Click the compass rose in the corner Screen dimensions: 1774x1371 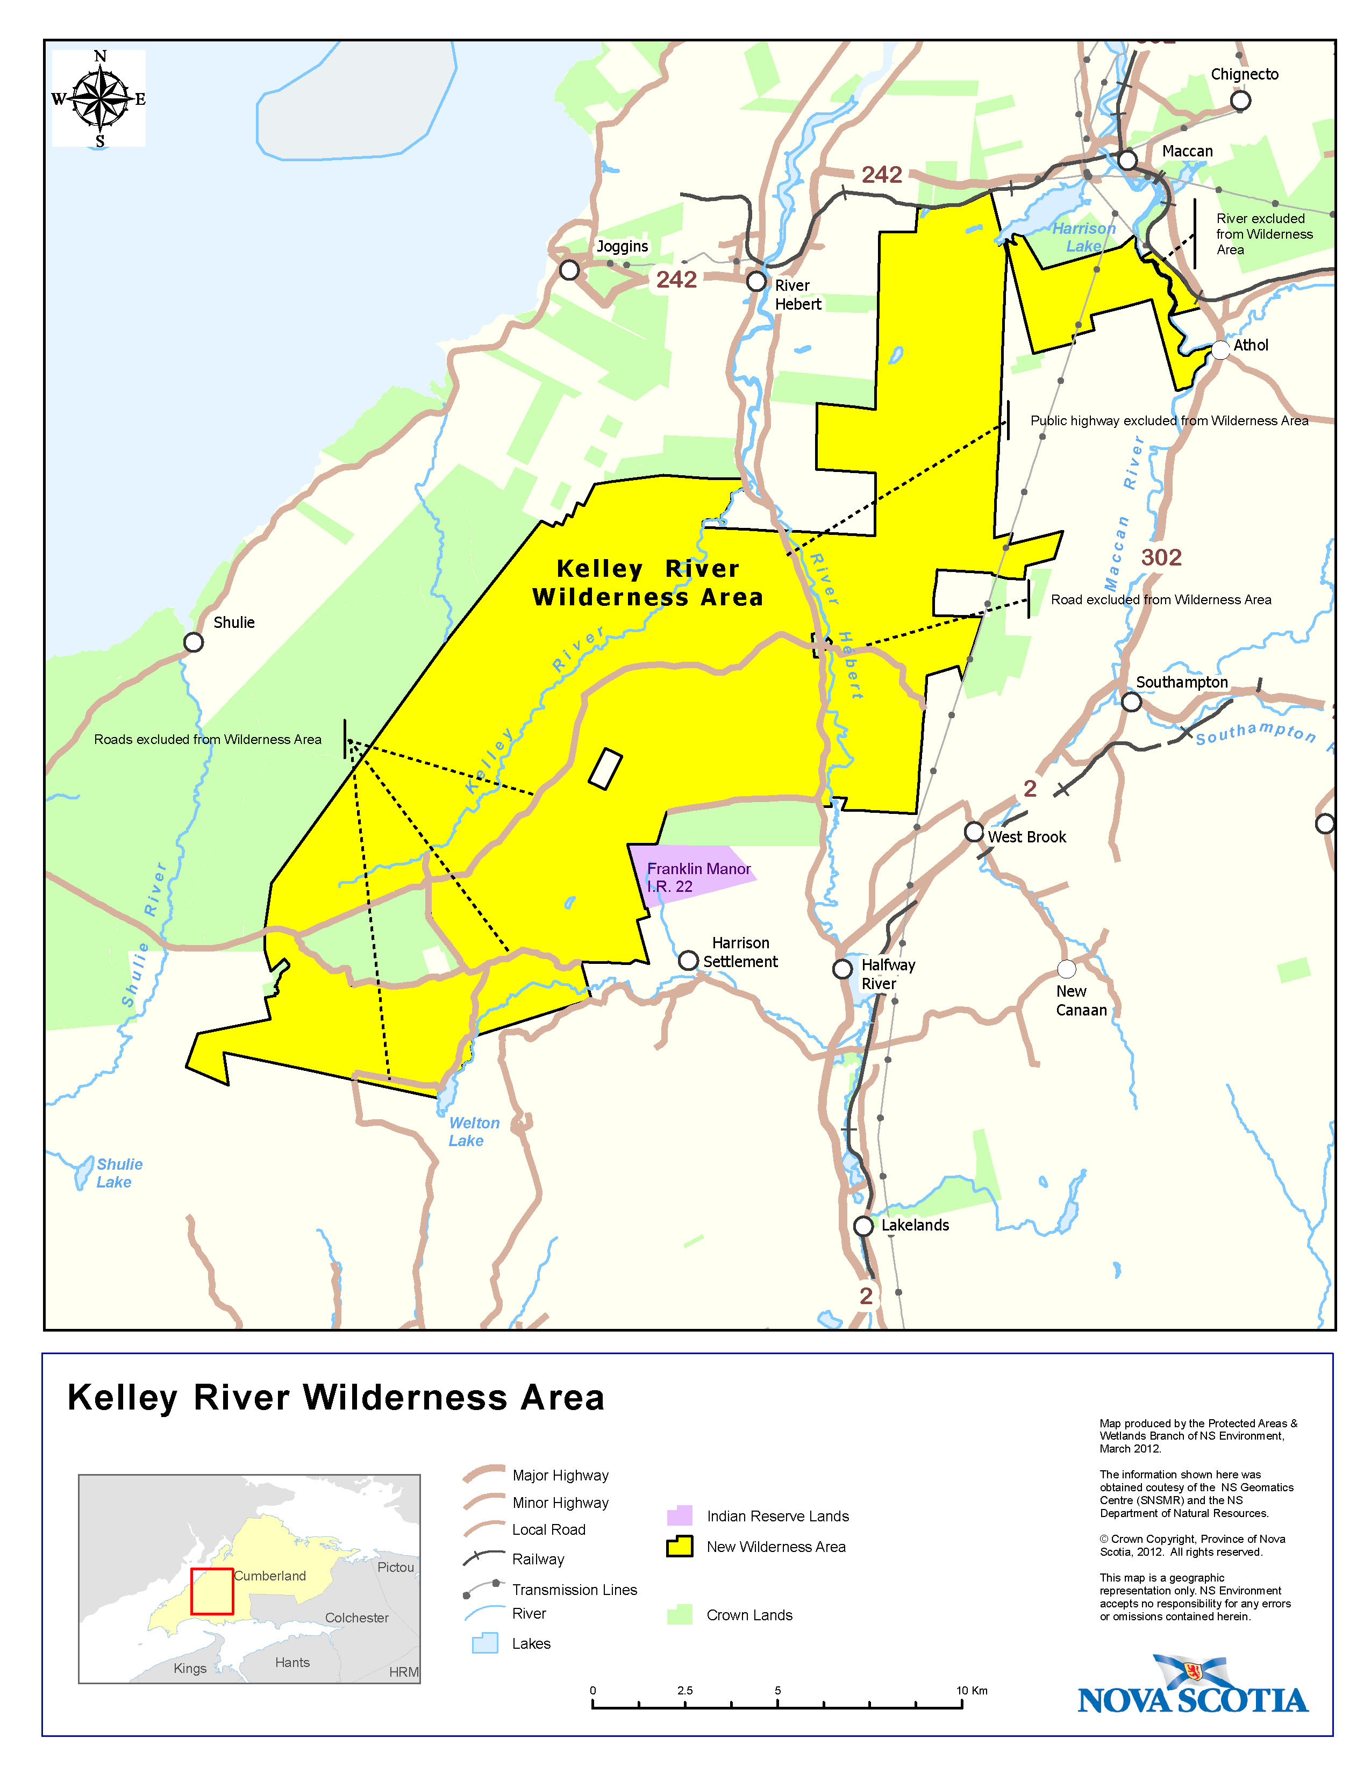click(x=99, y=99)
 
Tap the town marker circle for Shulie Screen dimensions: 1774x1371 click(x=194, y=642)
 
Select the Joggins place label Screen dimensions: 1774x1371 click(x=622, y=246)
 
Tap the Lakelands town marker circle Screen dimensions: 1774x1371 click(x=863, y=1226)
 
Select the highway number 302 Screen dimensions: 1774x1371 click(x=1161, y=557)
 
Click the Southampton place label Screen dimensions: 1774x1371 click(x=1181, y=682)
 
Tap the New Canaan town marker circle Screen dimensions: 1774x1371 click(x=1067, y=969)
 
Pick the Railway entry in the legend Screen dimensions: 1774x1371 click(x=538, y=1559)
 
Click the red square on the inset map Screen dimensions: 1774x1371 click(x=212, y=1591)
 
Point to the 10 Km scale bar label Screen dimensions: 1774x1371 click(x=972, y=1690)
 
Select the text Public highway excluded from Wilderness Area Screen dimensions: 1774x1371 click(x=1169, y=421)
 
